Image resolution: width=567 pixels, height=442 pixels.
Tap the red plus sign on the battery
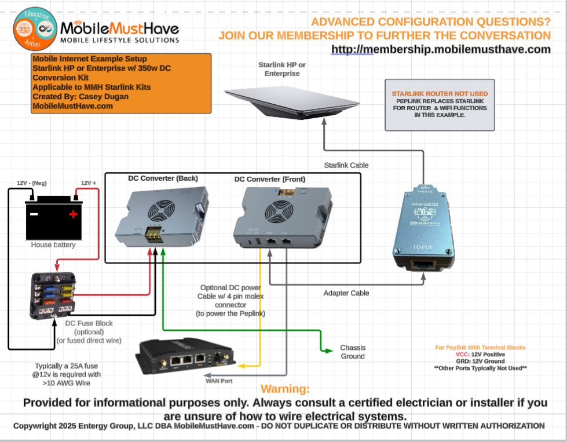pyautogui.click(x=73, y=215)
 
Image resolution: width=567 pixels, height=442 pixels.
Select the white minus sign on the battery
pyautogui.click(x=34, y=215)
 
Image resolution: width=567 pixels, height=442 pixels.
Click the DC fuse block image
pyautogui.click(x=53, y=295)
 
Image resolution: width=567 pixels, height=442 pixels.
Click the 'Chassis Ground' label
pyautogui.click(x=353, y=352)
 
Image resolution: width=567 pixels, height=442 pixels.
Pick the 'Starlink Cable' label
pyautogui.click(x=346, y=165)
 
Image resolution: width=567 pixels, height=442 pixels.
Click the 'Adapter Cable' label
pyautogui.click(x=346, y=293)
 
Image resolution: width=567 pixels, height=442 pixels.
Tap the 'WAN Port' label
pyautogui.click(x=220, y=381)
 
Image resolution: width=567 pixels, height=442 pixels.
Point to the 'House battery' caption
pyautogui.click(x=53, y=245)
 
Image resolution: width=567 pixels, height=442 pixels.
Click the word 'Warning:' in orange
pyautogui.click(x=285, y=389)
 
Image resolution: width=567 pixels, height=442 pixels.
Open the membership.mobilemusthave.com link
pyautogui.click(x=441, y=49)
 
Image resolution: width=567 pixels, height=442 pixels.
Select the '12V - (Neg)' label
pyautogui.click(x=31, y=183)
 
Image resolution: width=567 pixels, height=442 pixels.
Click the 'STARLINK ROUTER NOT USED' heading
pyautogui.click(x=440, y=93)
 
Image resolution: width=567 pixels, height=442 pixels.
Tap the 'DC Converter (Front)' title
pyautogui.click(x=270, y=179)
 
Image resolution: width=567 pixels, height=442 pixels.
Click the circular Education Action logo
pyautogui.click(x=35, y=28)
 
